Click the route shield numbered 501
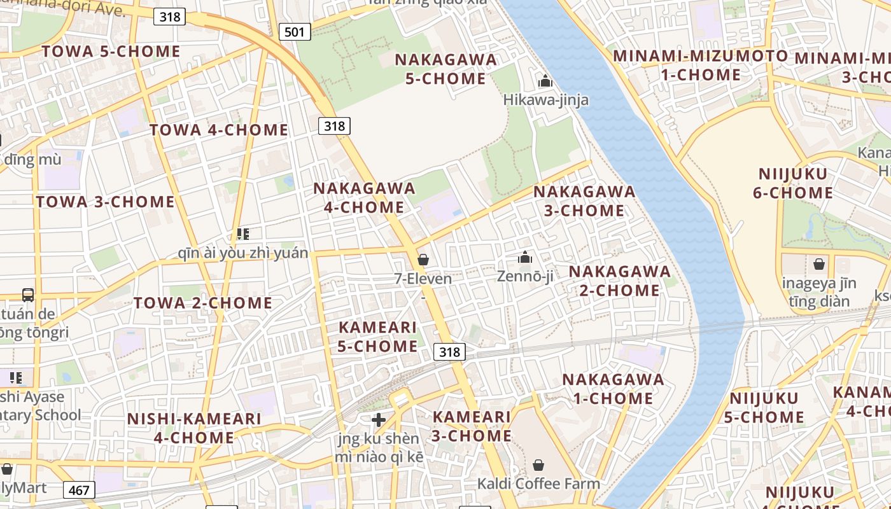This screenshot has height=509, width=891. click(294, 31)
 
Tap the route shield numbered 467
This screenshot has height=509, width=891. click(80, 489)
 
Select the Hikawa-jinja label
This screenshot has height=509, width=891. click(545, 100)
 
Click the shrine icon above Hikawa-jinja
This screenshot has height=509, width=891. click(545, 81)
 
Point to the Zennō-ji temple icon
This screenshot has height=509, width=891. click(525, 257)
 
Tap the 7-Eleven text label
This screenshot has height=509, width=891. click(423, 279)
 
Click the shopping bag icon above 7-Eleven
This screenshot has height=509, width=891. click(423, 260)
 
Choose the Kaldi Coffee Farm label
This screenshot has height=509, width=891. click(538, 484)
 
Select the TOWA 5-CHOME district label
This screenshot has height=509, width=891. click(111, 52)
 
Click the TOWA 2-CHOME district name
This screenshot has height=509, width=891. click(203, 303)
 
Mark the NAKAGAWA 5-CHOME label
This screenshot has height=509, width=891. click(445, 69)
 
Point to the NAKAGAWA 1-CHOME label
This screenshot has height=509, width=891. click(613, 389)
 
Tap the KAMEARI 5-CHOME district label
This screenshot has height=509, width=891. click(377, 337)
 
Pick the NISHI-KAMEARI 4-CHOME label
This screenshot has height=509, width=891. click(194, 428)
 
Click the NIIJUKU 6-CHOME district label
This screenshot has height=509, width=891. click(792, 183)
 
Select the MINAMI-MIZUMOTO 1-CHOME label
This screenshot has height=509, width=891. click(700, 66)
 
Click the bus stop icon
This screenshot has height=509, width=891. click(28, 295)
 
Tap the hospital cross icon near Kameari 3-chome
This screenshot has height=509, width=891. click(379, 420)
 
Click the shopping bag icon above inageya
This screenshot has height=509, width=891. click(819, 263)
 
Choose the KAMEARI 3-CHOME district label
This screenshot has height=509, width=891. click(472, 426)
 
